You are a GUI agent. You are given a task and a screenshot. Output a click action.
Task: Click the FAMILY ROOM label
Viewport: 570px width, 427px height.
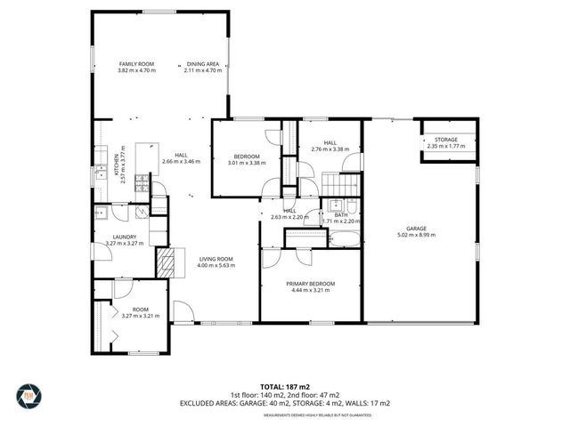[x=136, y=64]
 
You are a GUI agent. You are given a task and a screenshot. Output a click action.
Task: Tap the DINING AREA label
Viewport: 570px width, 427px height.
[x=202, y=64]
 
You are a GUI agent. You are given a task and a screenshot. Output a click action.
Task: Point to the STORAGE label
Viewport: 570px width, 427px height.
[x=446, y=140]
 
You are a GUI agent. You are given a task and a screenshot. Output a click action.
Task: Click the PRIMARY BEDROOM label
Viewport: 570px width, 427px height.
[x=311, y=283]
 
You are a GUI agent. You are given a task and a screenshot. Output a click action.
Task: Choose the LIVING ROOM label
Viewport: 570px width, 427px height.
[x=215, y=258]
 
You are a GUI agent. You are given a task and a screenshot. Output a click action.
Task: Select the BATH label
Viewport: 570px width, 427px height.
[x=340, y=213]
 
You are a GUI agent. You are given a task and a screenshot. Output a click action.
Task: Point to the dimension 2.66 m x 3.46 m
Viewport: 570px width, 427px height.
[x=182, y=162]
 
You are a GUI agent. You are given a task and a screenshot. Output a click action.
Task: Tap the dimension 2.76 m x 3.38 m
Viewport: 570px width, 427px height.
[x=330, y=149]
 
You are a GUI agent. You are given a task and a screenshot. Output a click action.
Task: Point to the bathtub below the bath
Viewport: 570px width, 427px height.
[x=344, y=238]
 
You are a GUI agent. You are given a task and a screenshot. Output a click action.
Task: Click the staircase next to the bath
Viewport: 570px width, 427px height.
[x=339, y=183]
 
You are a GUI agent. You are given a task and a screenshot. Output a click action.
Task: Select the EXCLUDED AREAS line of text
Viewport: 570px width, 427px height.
[x=284, y=402]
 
